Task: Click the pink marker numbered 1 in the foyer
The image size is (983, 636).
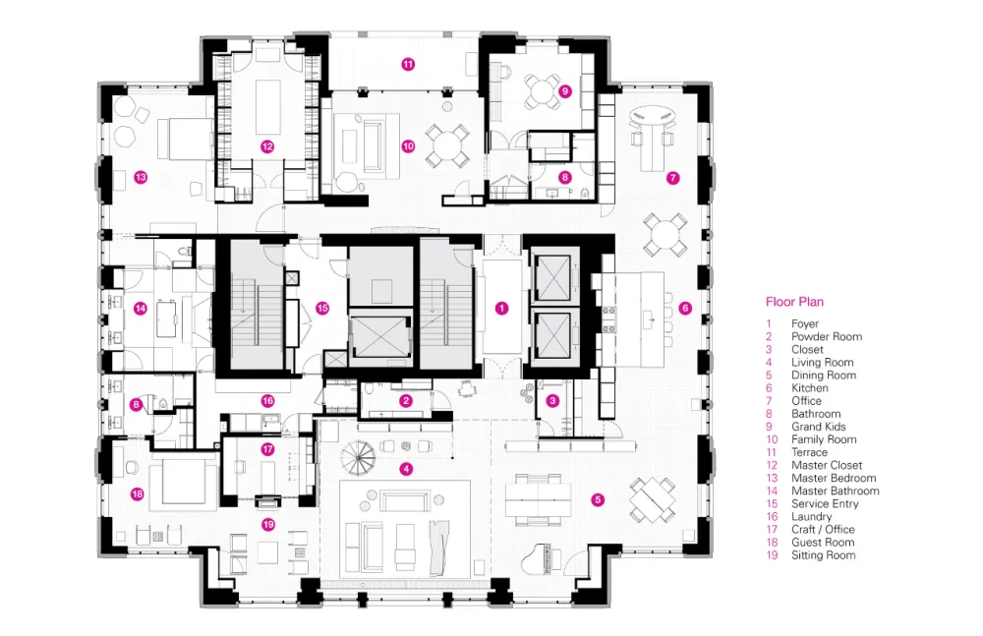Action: (501, 308)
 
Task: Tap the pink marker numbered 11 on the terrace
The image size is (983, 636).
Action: (408, 64)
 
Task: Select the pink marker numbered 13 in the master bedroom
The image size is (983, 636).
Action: (141, 178)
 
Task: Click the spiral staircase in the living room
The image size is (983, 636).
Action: (359, 457)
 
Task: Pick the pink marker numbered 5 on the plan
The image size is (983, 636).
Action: (598, 499)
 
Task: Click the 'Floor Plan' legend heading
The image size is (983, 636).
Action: (794, 302)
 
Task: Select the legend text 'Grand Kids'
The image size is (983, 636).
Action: (818, 427)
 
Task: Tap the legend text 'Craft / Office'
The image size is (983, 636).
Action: (823, 530)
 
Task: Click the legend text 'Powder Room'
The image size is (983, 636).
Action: (827, 337)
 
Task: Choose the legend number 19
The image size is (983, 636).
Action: (772, 555)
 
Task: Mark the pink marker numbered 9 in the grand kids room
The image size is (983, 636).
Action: (565, 91)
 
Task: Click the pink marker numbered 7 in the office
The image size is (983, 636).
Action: (672, 178)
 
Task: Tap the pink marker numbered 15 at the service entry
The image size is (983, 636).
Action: (322, 308)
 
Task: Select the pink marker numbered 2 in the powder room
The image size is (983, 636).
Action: (406, 401)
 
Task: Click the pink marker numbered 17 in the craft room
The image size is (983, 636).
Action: (267, 449)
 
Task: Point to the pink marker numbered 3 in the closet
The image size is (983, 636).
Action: (552, 401)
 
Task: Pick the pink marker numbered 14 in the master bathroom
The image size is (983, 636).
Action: (141, 308)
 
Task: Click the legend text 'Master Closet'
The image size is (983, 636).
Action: (827, 465)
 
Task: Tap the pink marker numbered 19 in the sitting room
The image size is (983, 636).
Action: (268, 524)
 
